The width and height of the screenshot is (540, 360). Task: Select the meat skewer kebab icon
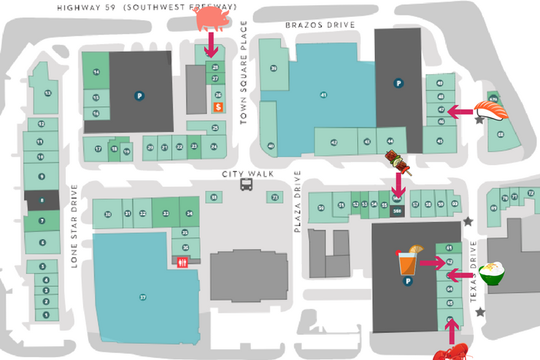pyautogui.click(x=397, y=162)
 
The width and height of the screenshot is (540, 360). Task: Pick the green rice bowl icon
pyautogui.click(x=491, y=272)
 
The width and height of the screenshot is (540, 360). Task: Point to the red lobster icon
pyautogui.click(x=449, y=352)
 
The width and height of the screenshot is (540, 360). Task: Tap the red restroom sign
pyautogui.click(x=183, y=262)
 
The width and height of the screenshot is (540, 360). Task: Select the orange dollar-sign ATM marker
pyautogui.click(x=218, y=107)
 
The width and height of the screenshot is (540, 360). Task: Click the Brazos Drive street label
pyautogui.click(x=319, y=25)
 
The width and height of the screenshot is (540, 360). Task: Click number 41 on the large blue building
pyautogui.click(x=323, y=95)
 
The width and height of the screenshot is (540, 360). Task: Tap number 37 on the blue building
pyautogui.click(x=143, y=297)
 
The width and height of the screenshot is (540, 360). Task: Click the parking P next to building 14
pyautogui.click(x=140, y=96)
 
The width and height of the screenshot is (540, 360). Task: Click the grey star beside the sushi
pyautogui.click(x=480, y=119)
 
